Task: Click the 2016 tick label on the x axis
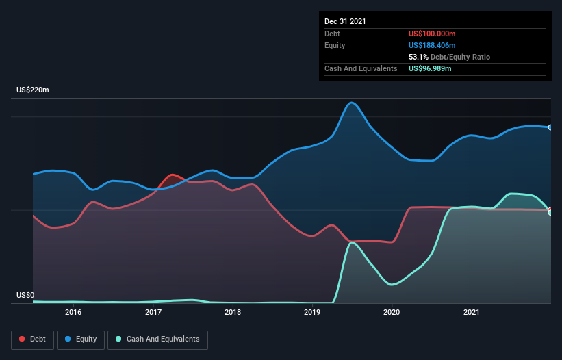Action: click(x=73, y=312)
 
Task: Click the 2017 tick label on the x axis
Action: click(x=153, y=312)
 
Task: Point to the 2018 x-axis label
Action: click(x=233, y=312)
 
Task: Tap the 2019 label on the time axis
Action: click(x=312, y=312)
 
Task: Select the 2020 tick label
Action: click(x=392, y=312)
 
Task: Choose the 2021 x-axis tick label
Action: click(x=471, y=312)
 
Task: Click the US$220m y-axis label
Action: click(x=33, y=90)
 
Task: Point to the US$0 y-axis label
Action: click(x=25, y=296)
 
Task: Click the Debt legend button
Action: click(x=32, y=339)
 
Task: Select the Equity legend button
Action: click(x=81, y=339)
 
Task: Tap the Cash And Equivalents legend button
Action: click(x=157, y=339)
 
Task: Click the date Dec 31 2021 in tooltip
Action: click(x=345, y=21)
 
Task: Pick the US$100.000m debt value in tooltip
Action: click(x=432, y=34)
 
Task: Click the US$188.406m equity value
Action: click(x=432, y=45)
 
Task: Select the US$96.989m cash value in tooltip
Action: click(x=430, y=68)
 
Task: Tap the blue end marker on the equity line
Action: click(x=550, y=127)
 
